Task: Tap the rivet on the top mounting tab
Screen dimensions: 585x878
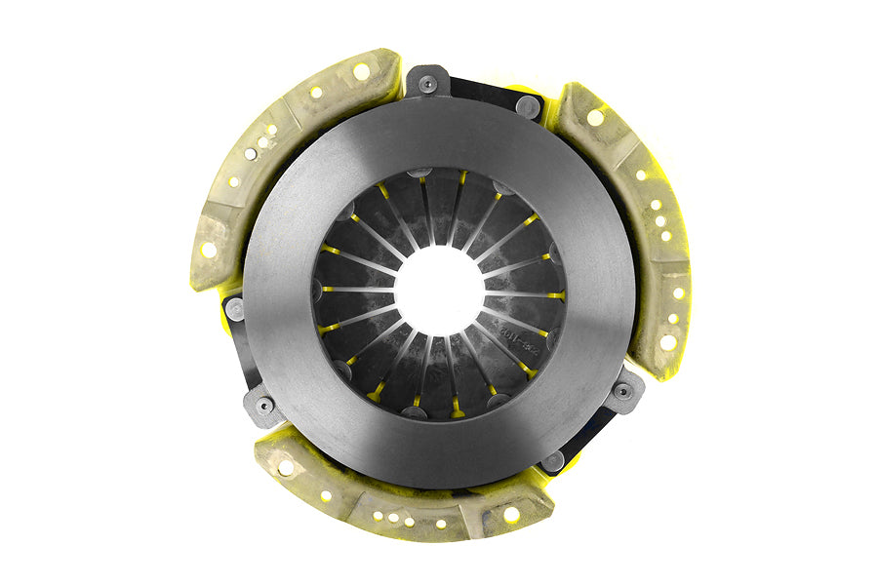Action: pyautogui.click(x=427, y=85)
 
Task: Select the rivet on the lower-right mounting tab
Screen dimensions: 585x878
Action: pyautogui.click(x=621, y=391)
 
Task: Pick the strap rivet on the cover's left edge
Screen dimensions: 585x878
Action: pyautogui.click(x=235, y=309)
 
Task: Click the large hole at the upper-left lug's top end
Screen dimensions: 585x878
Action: pyautogui.click(x=361, y=71)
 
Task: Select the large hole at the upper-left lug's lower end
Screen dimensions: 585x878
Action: pyautogui.click(x=209, y=250)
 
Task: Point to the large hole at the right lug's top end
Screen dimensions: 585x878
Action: pyautogui.click(x=594, y=117)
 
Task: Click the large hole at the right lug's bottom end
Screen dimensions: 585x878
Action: pyautogui.click(x=667, y=341)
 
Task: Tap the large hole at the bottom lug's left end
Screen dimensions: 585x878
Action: pyautogui.click(x=286, y=467)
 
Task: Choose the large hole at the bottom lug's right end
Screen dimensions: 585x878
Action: pyautogui.click(x=510, y=514)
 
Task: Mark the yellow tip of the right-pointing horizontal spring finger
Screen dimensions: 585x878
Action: pyautogui.click(x=555, y=294)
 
